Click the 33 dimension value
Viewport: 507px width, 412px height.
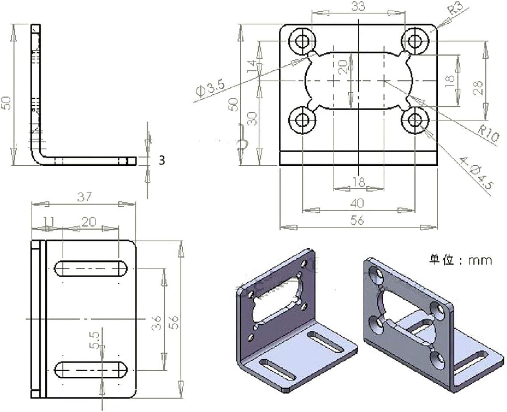pyautogui.click(x=358, y=6)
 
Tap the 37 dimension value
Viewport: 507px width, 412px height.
pyautogui.click(x=84, y=197)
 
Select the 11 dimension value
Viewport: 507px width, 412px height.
pyautogui.click(x=49, y=222)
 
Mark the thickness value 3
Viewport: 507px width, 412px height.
pyautogui.click(x=162, y=161)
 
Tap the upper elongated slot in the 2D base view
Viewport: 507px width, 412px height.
pyautogui.click(x=91, y=268)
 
